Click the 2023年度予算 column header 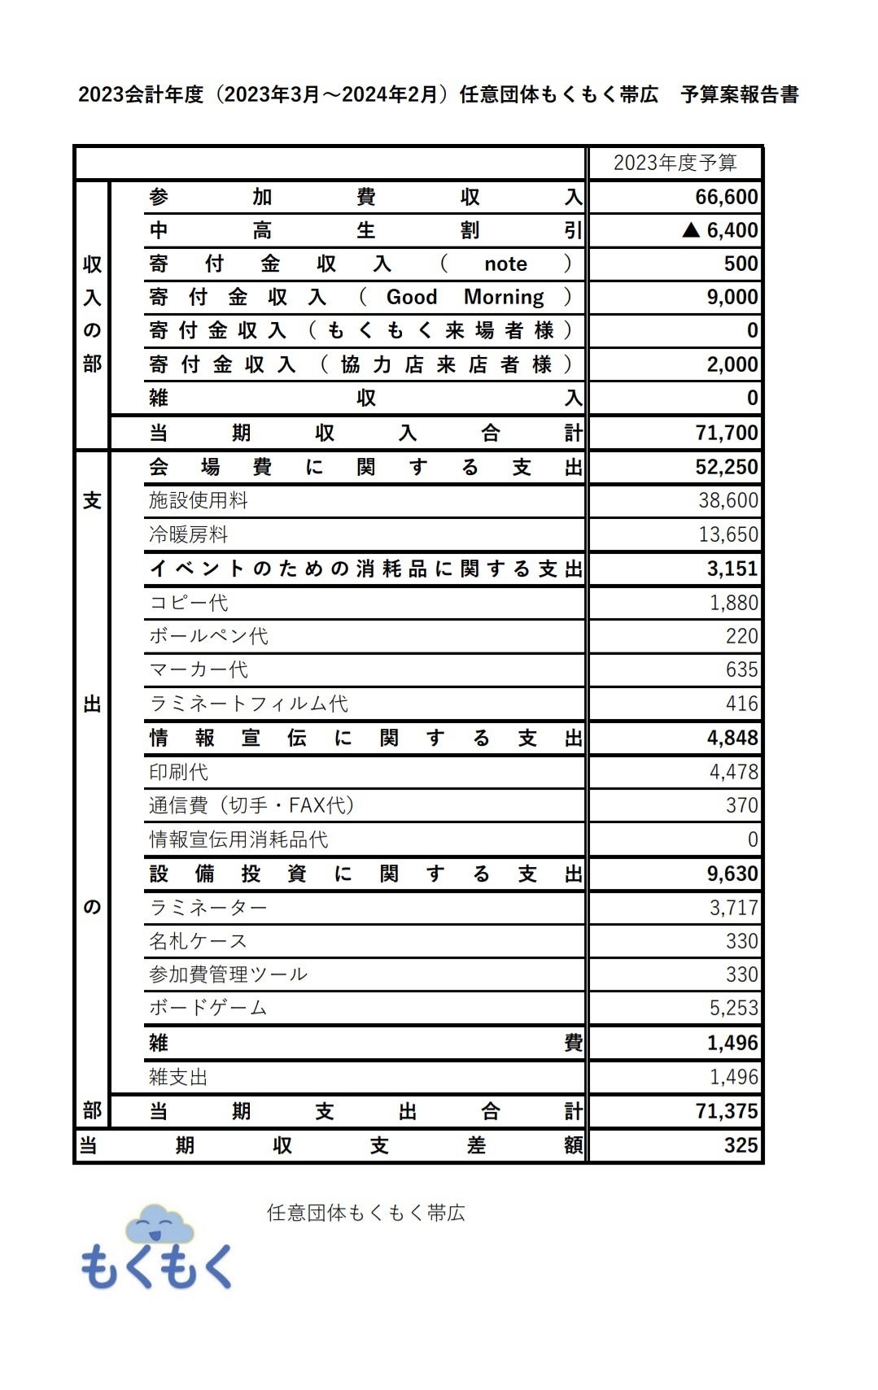coord(675,163)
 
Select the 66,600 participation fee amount coord(726,197)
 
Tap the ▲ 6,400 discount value coord(720,231)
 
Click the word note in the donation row coord(505,264)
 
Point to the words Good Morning coord(465,298)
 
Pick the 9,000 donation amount coord(732,298)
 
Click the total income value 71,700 coord(726,433)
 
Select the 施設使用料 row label coord(199,500)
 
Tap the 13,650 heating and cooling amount coord(727,534)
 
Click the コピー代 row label coord(189,603)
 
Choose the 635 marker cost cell coord(741,670)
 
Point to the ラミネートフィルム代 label coord(249,704)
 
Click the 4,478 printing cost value coord(733,772)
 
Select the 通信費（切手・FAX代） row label coord(251,806)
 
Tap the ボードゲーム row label coord(208,1009)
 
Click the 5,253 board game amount coord(733,1009)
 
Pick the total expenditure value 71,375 coord(726,1111)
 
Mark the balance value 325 coord(740,1145)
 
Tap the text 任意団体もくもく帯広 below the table coord(365,1213)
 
